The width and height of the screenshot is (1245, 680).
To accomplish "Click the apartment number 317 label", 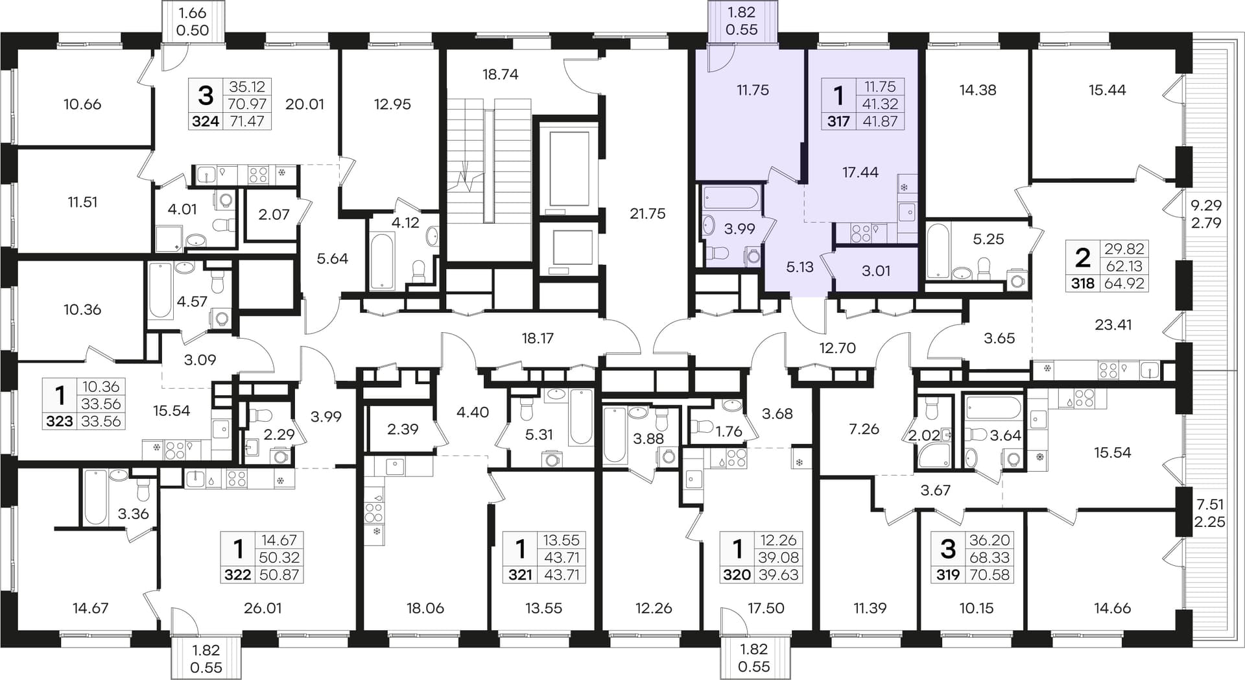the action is (838, 121).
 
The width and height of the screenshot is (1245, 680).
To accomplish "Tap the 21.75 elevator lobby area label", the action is (647, 213).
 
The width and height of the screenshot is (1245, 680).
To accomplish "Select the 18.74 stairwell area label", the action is (500, 75).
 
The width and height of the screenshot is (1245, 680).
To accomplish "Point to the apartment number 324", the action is (206, 121).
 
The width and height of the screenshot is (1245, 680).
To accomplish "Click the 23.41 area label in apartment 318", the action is (1113, 325).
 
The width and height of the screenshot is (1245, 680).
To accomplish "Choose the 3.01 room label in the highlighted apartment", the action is (876, 271).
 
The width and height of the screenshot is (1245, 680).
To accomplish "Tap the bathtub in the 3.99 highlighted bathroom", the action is (731, 197).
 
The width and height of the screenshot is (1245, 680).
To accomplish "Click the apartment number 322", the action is (237, 575).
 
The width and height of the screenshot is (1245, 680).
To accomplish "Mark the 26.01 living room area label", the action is (263, 609).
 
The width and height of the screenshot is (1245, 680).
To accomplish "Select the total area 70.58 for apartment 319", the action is (990, 575).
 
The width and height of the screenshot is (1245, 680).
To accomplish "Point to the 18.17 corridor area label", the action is (538, 339).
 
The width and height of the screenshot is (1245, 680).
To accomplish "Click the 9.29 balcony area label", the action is (1206, 206).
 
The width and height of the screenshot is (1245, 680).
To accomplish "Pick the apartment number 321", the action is (520, 575).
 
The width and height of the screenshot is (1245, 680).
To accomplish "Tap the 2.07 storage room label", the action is (274, 215).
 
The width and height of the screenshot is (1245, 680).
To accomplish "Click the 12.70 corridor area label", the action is (837, 348).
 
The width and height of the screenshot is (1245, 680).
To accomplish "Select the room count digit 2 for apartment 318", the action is (1082, 258).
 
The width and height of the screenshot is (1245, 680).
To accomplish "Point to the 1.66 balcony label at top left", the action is (193, 13).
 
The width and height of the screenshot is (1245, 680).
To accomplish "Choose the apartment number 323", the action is (60, 422).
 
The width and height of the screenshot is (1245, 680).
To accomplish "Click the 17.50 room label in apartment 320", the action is (766, 609).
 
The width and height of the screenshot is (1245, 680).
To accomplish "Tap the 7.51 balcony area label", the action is (1209, 505).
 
